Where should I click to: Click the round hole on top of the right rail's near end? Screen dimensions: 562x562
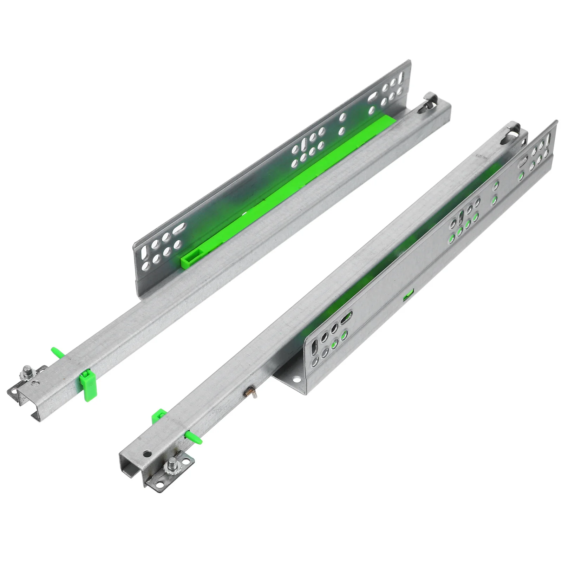coord(148,453)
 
